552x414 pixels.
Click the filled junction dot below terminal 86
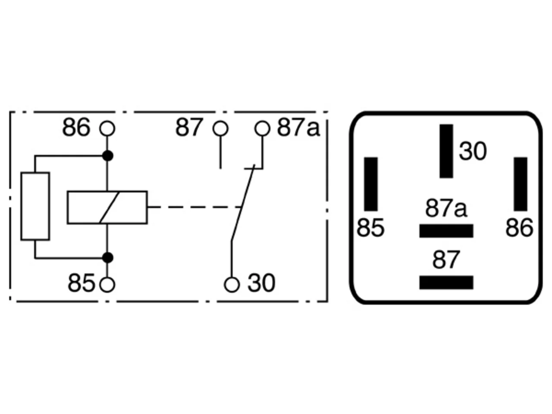tap(108, 156)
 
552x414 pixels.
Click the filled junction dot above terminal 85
tap(108, 257)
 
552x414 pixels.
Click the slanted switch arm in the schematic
tap(243, 203)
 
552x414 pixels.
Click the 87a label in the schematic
tap(298, 128)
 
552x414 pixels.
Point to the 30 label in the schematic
tap(261, 283)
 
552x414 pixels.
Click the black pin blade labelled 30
tap(446, 151)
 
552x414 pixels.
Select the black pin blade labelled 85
tap(371, 184)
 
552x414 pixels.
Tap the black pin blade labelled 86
tap(521, 184)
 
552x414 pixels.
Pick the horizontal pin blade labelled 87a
tap(446, 231)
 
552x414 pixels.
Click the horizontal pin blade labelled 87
tap(446, 282)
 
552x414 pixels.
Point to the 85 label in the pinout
tap(370, 228)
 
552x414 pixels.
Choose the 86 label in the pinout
tap(519, 228)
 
